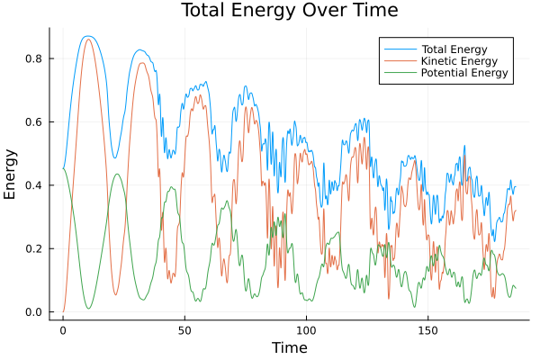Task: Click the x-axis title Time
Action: (x=289, y=347)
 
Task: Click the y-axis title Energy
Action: (x=11, y=175)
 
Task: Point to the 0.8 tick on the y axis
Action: (x=34, y=58)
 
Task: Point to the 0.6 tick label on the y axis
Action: (x=34, y=121)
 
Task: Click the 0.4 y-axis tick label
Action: (x=34, y=185)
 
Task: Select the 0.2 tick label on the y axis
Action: (x=34, y=248)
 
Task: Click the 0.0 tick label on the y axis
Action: (x=34, y=312)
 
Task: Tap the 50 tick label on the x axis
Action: (x=184, y=329)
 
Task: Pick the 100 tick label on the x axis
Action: (x=306, y=329)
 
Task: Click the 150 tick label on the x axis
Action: (x=427, y=329)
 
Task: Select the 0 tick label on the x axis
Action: (x=63, y=329)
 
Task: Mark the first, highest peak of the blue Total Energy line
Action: (x=87, y=36)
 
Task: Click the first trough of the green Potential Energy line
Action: (x=89, y=309)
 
